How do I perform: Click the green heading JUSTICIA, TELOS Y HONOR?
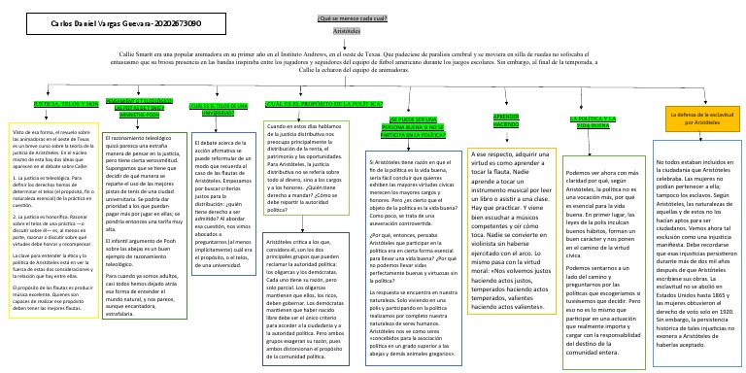click(x=66, y=103)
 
